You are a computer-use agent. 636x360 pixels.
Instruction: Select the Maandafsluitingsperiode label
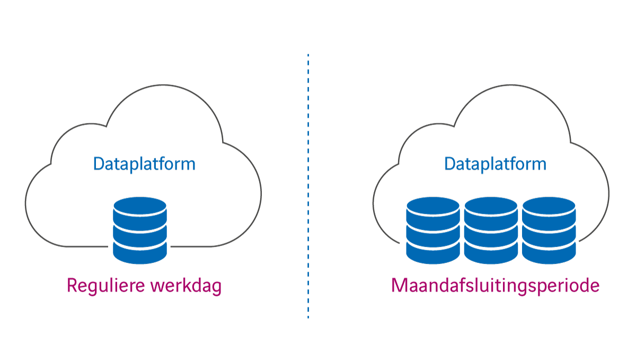[x=495, y=286]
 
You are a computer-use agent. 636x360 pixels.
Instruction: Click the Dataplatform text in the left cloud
[x=144, y=164]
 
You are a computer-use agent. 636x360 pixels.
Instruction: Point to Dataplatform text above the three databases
[x=495, y=164]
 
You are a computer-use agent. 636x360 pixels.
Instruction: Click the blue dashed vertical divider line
[x=308, y=186]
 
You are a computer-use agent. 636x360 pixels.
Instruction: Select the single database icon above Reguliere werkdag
[x=140, y=231]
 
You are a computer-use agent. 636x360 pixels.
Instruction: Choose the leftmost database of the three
[x=432, y=231]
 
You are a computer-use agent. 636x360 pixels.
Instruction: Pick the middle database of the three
[x=491, y=231]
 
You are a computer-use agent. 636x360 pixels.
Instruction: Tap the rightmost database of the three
[x=549, y=231]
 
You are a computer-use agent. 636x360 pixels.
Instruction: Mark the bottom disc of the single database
[x=140, y=253]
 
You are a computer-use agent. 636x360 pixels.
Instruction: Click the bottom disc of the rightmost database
[x=549, y=253]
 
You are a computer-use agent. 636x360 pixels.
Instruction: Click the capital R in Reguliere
[x=72, y=286]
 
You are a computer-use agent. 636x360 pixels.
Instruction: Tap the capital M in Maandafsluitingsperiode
[x=399, y=286]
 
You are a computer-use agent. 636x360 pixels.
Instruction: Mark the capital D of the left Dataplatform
[x=99, y=164]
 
